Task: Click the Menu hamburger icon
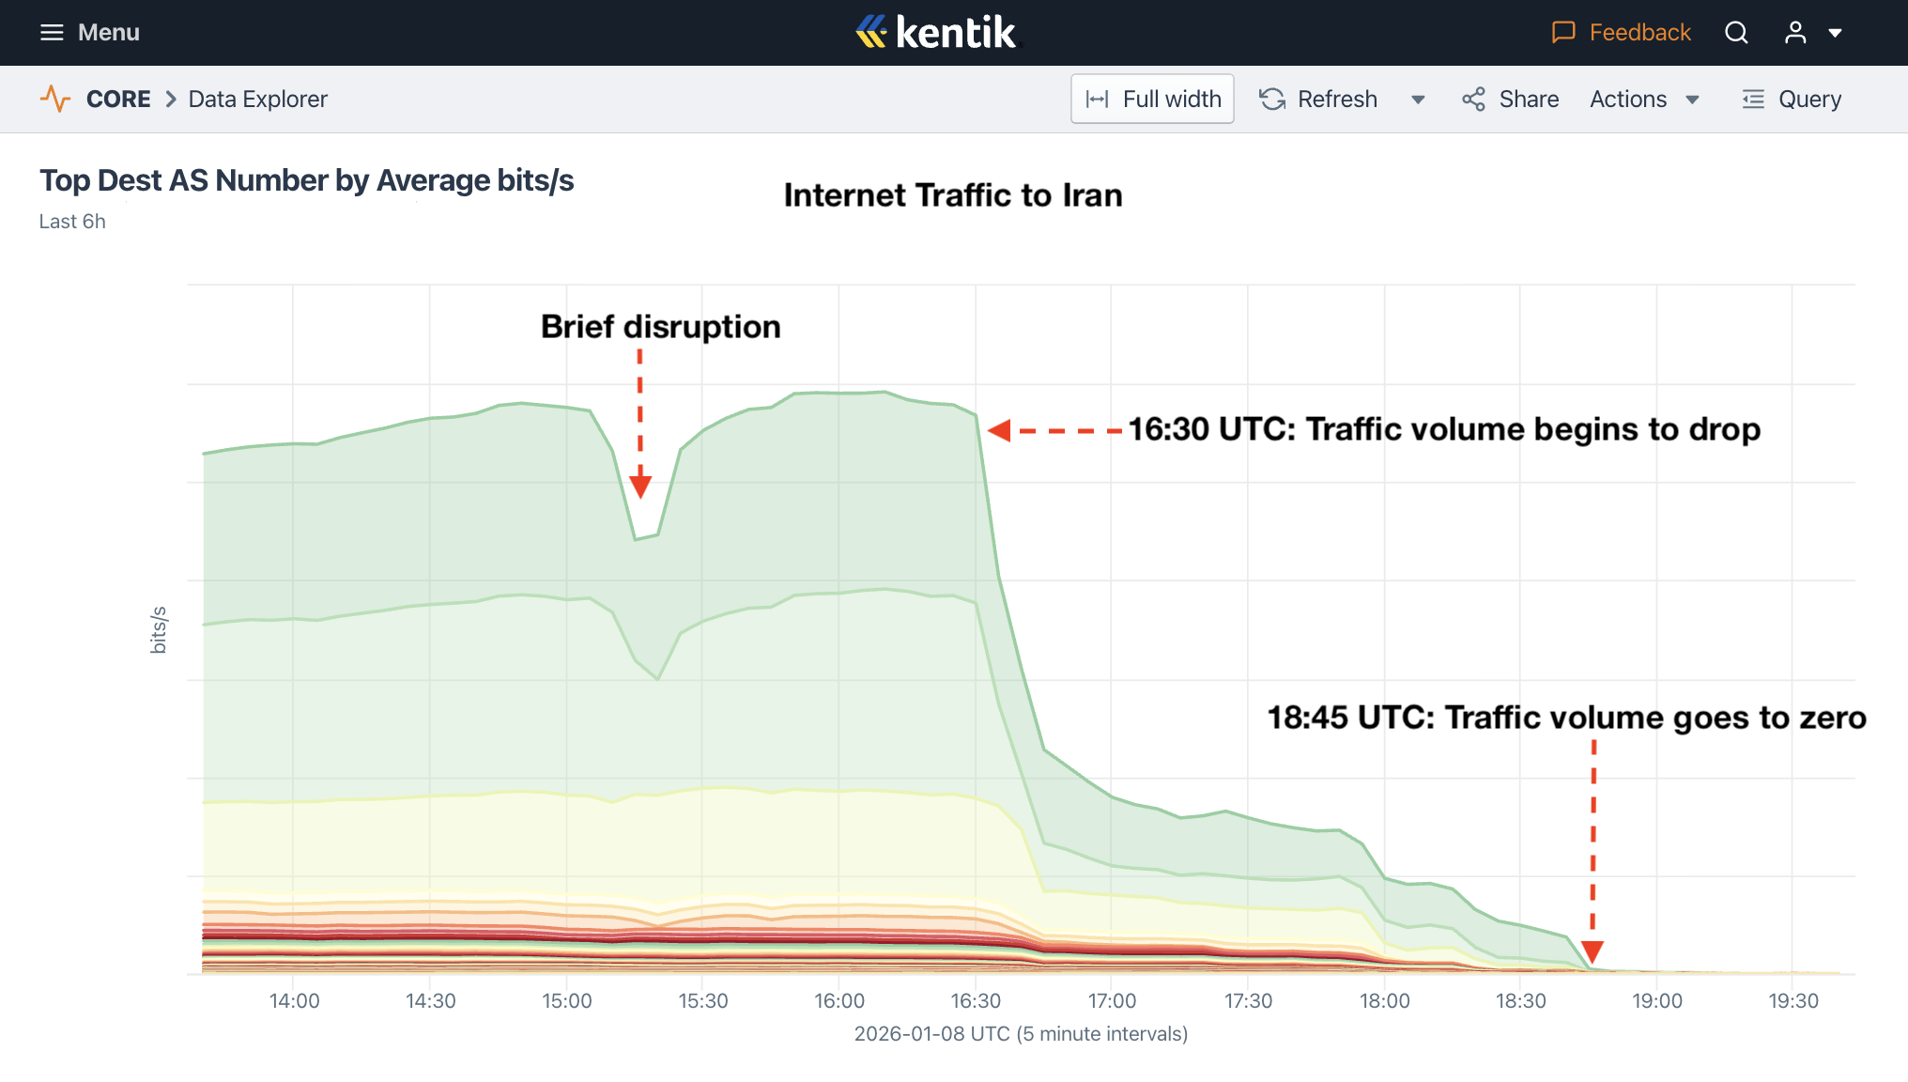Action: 52,33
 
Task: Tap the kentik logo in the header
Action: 936,33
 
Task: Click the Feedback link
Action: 1621,33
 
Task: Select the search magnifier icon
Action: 1736,33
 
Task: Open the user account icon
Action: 1795,33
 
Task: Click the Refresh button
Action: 1319,99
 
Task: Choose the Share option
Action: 1510,99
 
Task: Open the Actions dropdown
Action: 1644,99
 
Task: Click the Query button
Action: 1792,99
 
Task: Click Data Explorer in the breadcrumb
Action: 257,99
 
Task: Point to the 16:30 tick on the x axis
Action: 976,1000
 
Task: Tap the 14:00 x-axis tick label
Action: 294,1000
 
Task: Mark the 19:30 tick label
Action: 1793,1000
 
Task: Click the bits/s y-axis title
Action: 159,629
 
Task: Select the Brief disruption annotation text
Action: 660,327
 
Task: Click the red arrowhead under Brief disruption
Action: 640,487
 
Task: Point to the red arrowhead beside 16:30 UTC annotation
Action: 999,430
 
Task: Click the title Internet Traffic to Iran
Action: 953,195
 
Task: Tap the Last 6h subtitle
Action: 72,222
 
